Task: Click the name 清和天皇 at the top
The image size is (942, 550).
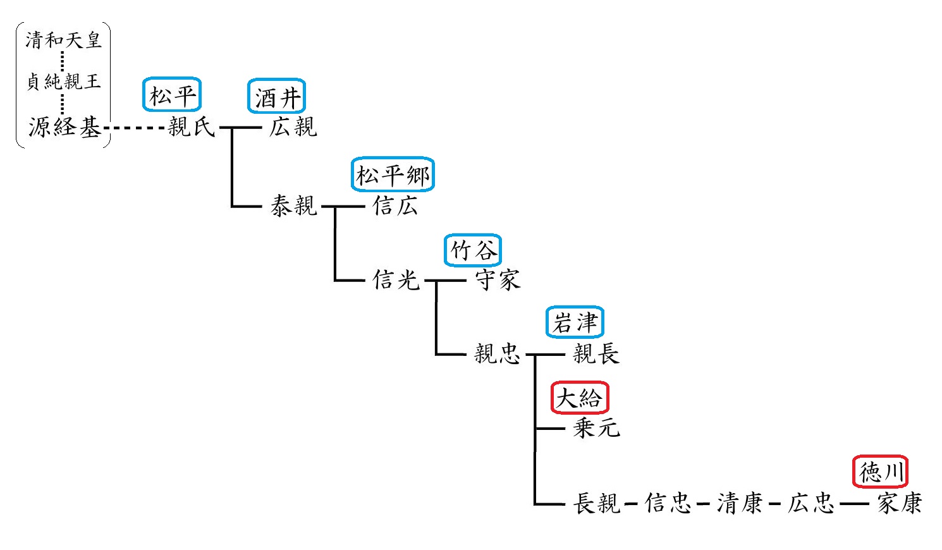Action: (x=63, y=40)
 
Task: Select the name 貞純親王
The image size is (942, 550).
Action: (x=63, y=82)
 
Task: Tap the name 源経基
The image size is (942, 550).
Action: (x=64, y=127)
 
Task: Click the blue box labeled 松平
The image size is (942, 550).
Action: (x=172, y=95)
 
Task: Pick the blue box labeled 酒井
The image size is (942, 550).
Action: (x=276, y=97)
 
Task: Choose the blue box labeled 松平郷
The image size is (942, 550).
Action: (x=393, y=174)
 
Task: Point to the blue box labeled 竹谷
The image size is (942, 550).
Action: (x=473, y=250)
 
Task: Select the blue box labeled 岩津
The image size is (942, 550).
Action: (x=575, y=322)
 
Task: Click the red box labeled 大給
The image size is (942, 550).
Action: (x=579, y=398)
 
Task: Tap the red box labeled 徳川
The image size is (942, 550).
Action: (x=880, y=472)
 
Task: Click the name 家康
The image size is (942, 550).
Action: (x=899, y=503)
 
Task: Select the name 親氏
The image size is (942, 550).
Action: (x=192, y=127)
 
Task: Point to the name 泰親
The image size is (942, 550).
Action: (x=293, y=205)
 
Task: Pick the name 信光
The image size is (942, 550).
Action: (x=396, y=279)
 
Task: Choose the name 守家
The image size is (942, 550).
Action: (x=498, y=279)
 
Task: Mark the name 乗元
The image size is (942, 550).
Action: (x=596, y=428)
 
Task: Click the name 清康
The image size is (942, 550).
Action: (x=739, y=503)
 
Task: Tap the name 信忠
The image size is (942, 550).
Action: (x=668, y=503)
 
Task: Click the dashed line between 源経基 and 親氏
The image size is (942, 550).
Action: (x=134, y=128)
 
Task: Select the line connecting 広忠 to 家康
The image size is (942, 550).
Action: (x=854, y=504)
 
